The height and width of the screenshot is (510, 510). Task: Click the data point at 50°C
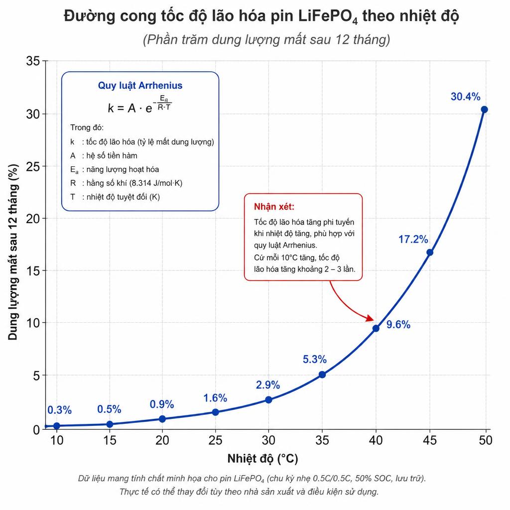[x=484, y=110]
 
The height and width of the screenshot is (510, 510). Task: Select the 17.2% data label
[x=413, y=240]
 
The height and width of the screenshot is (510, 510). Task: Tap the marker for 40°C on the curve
[x=376, y=329]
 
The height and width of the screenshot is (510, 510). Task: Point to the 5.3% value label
[x=315, y=360]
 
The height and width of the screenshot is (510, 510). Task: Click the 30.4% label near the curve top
[x=466, y=97]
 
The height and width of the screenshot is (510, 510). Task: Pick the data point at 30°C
[x=268, y=400]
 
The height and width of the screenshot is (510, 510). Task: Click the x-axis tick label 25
[x=215, y=440]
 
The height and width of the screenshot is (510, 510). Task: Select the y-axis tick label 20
[x=33, y=219]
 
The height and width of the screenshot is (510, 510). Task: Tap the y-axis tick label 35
[x=33, y=61]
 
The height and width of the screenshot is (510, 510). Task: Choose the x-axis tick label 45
[x=430, y=440]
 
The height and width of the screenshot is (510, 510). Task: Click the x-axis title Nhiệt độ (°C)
[x=263, y=459]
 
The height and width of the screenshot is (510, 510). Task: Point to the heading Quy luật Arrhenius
[x=140, y=86]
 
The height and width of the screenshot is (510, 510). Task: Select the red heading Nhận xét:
[x=274, y=207]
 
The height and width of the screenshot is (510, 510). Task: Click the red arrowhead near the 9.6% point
[x=370, y=318]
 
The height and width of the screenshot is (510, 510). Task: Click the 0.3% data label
[x=60, y=410]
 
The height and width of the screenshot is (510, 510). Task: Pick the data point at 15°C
[x=110, y=424]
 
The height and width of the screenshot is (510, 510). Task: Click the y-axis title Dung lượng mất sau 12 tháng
[x=13, y=253]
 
